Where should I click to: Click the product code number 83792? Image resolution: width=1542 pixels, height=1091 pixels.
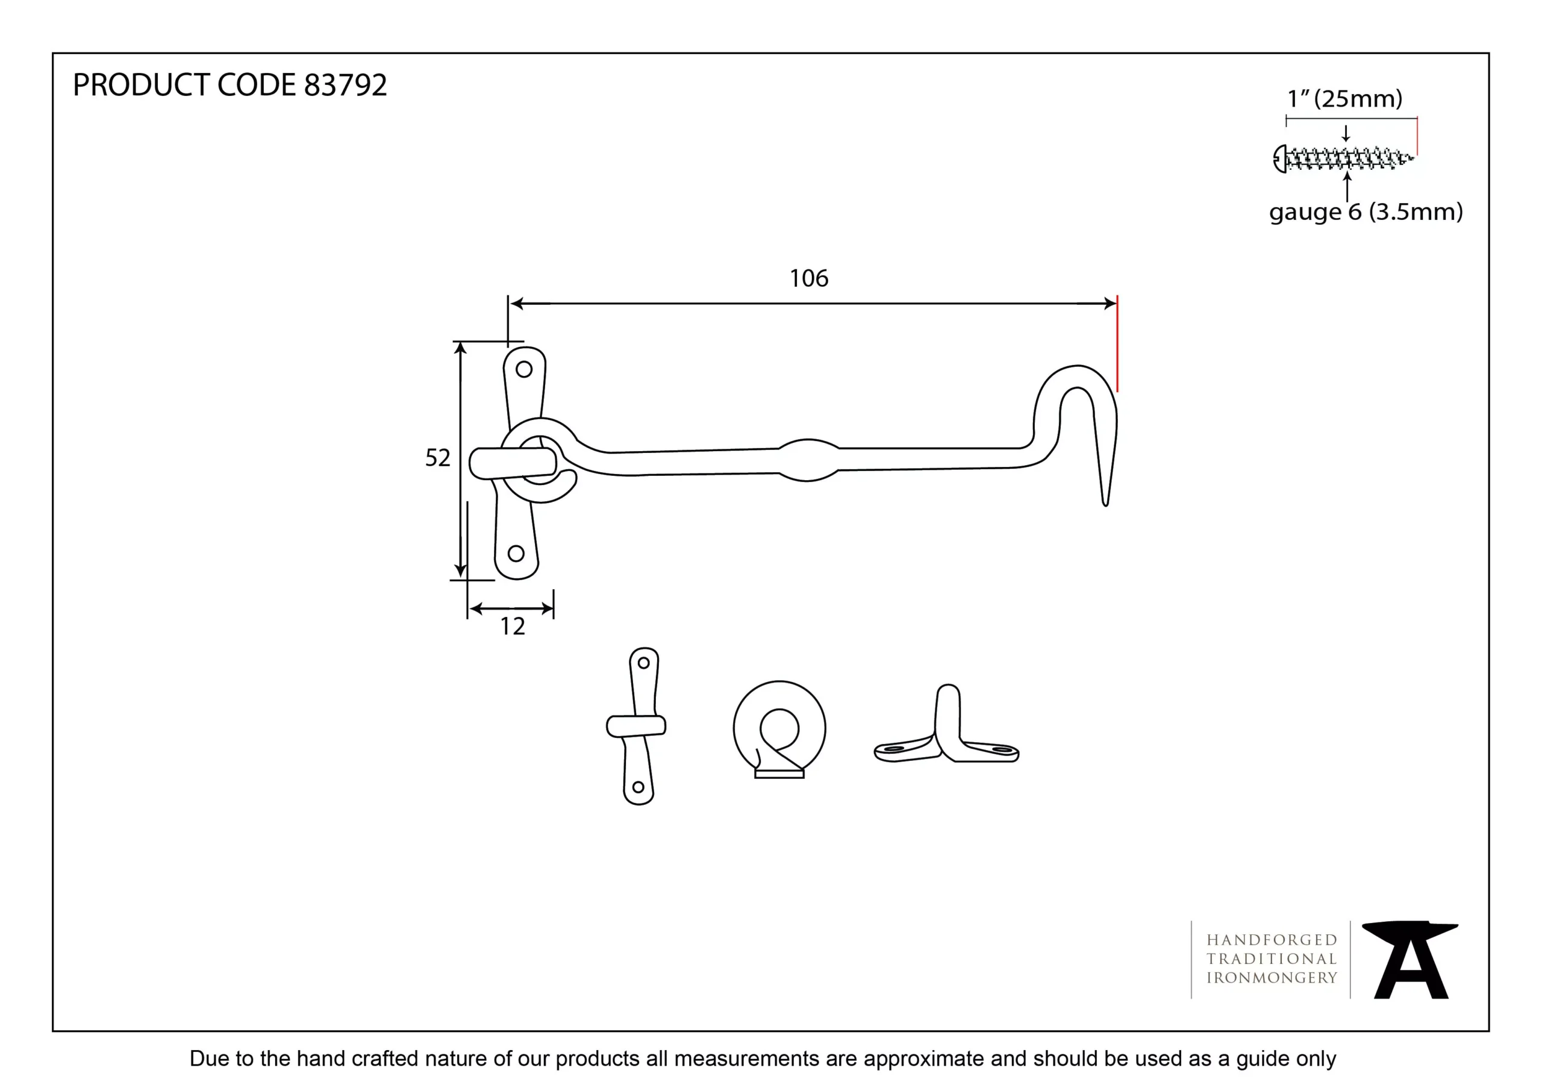pos(345,86)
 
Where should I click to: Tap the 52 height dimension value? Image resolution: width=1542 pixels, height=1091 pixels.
pos(437,458)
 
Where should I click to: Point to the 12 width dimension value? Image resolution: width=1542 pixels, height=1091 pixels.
pos(513,627)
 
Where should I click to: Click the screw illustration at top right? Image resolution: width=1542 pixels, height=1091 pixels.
pos(1343,159)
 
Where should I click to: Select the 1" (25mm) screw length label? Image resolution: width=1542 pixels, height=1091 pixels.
pos(1344,99)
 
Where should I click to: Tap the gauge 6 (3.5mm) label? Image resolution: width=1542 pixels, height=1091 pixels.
pos(1366,212)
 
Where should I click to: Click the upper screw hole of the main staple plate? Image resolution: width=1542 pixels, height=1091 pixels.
pos(524,369)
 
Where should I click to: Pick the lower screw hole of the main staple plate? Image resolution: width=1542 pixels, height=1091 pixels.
pos(516,554)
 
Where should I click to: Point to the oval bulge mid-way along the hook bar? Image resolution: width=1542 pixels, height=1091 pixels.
pos(808,460)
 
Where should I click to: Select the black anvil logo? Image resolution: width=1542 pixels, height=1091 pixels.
pos(1409,960)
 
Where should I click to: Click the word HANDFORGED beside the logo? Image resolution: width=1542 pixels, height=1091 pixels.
pos(1272,940)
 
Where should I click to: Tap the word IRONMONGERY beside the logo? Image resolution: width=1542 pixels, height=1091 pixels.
pos(1272,978)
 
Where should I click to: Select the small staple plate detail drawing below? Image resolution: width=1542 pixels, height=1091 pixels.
pos(637,725)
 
